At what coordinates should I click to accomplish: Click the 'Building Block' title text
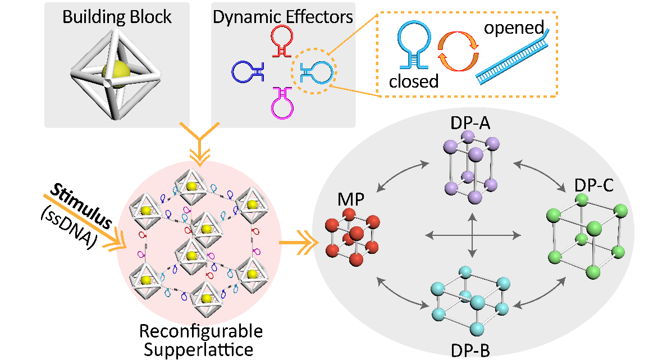tap(117, 16)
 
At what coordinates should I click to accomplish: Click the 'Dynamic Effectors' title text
tap(283, 16)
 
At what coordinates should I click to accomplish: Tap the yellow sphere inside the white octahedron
tap(117, 74)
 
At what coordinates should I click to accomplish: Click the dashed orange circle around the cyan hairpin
tap(313, 71)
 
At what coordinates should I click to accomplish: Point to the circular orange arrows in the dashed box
tap(458, 51)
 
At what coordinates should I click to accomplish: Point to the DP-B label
tap(470, 350)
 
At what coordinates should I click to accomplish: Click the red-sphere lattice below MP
tap(351, 236)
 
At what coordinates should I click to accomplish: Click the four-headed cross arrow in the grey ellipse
tap(472, 234)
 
